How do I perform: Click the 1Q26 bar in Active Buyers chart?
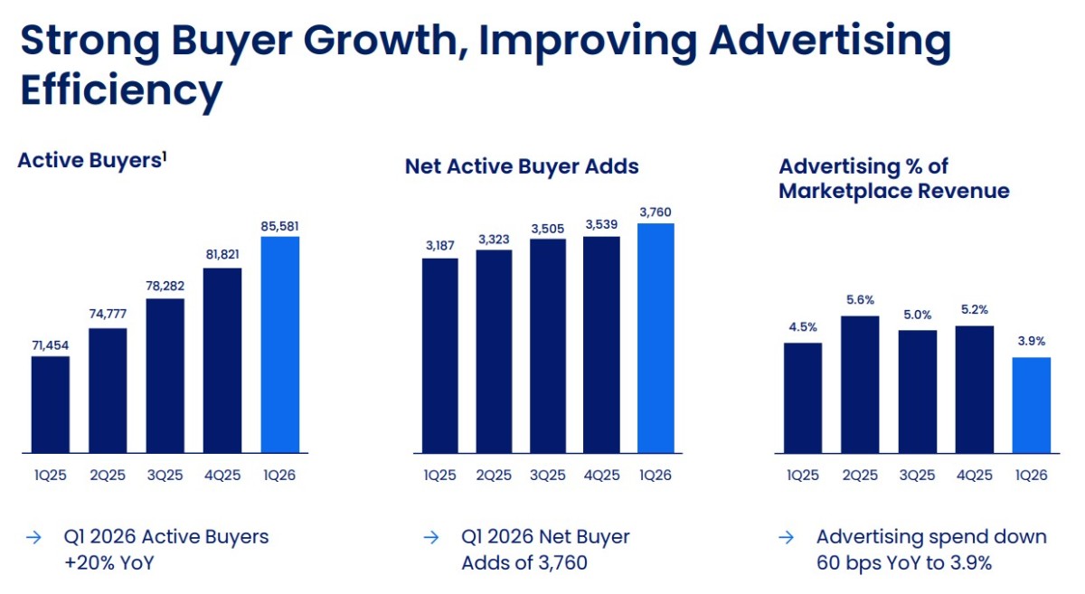280,344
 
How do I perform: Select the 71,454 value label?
51,345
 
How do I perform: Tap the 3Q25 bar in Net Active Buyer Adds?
548,346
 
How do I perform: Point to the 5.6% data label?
860,300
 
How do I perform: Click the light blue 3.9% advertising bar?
1032,405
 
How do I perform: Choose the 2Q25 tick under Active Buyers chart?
108,475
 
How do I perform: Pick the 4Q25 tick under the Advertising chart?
974,475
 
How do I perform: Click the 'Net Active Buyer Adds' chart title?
522,166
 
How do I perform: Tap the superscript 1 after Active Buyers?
165,156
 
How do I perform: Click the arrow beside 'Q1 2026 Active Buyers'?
34,537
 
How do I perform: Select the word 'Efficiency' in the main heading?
121,91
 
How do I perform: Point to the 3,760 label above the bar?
656,212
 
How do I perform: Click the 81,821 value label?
222,254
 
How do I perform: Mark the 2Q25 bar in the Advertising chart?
860,384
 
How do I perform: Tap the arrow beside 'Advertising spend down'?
786,537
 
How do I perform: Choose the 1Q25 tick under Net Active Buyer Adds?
439,475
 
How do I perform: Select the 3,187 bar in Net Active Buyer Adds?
439,355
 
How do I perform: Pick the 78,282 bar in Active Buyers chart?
165,376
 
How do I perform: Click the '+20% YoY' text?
109,563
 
